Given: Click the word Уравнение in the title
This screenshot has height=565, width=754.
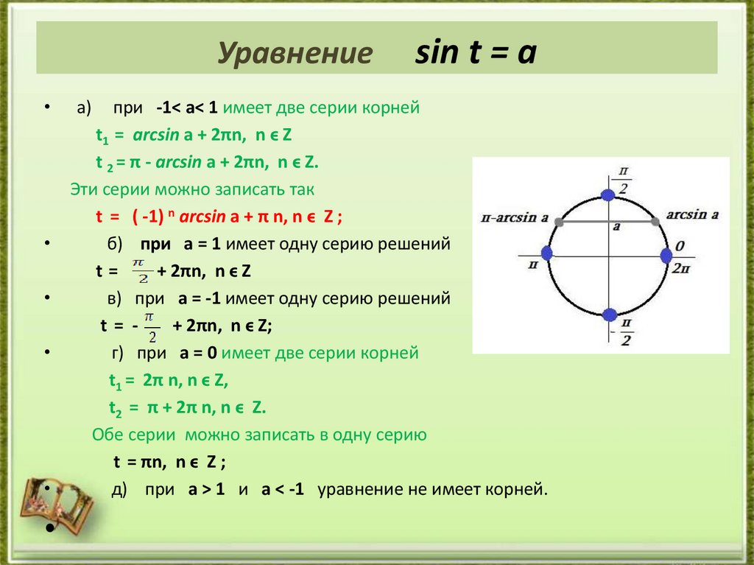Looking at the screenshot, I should pos(294,55).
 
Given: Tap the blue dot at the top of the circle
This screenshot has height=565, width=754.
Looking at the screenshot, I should pos(608,194).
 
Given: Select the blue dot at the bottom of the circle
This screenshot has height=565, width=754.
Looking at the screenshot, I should pos(608,315).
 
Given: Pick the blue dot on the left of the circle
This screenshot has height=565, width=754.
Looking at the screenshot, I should pos(546,253).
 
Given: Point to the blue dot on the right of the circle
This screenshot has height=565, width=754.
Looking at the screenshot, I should pos(666,255).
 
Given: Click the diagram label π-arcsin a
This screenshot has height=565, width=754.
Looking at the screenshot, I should pos(515,218).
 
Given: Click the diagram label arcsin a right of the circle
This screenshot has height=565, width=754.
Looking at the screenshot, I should pos(691,214).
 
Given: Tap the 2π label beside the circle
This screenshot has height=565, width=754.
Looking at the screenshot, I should pos(680,268).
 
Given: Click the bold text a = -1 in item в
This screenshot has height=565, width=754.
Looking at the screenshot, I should pos(200,298).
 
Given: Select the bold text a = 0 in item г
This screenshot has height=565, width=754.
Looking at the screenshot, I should pos(198,353).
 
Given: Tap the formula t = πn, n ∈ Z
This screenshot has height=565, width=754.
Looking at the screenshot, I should pos(169,462).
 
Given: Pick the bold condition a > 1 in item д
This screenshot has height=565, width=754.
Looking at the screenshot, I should pos(206,489).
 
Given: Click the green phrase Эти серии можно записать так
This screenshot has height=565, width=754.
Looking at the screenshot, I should pos(192,189).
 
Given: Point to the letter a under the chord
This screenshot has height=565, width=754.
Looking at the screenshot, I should pos(615,228).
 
